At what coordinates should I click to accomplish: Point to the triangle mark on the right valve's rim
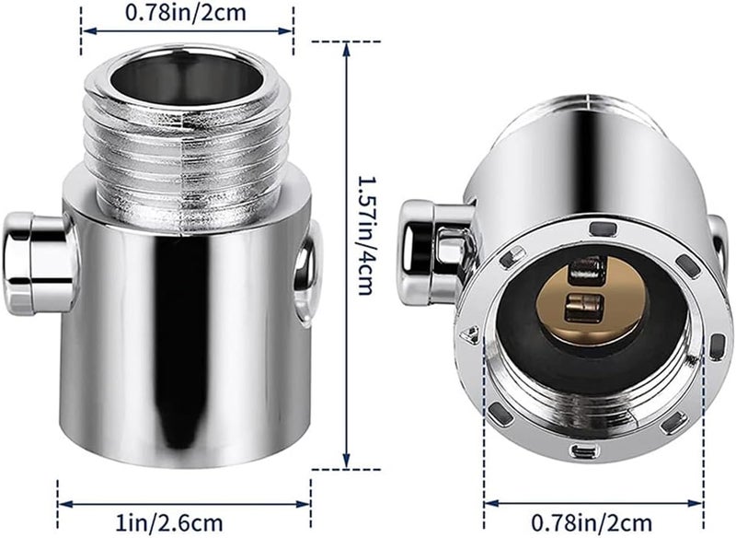473,337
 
